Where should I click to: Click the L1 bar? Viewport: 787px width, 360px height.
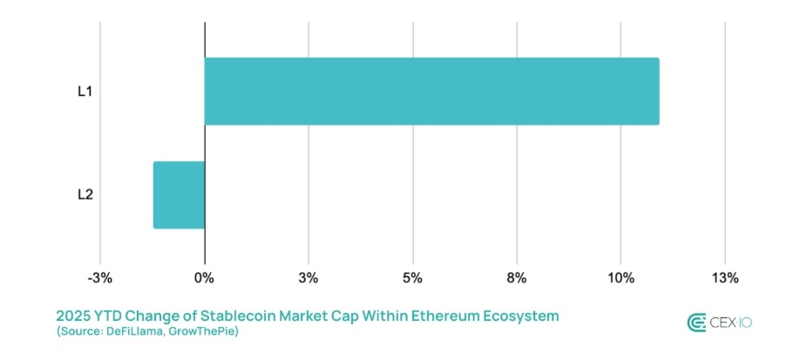(431, 91)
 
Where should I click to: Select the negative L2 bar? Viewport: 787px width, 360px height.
(179, 194)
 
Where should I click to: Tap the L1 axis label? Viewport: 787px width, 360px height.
(85, 91)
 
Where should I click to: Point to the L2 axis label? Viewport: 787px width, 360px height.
(85, 194)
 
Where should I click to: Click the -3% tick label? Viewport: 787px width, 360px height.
(100, 278)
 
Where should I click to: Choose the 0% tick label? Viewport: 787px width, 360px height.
(204, 278)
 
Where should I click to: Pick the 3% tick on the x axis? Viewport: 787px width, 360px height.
(308, 278)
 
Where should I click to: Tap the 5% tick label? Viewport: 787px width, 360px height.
(412, 278)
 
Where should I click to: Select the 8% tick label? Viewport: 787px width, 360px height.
(516, 278)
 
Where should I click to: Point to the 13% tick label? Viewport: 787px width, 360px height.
(724, 278)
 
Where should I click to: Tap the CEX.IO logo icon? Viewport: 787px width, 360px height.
(696, 323)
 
